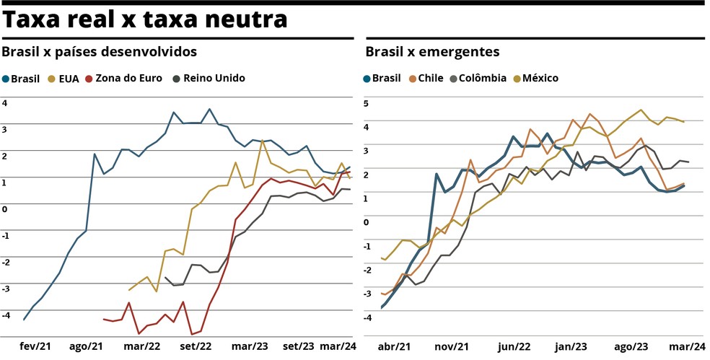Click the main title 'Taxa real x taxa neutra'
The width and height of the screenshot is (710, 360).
click(x=144, y=19)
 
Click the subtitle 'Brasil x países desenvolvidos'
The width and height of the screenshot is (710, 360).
click(x=100, y=52)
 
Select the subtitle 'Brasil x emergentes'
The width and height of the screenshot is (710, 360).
click(x=432, y=52)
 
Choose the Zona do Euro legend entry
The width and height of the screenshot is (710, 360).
click(x=123, y=78)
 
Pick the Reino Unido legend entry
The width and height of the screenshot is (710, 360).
click(x=209, y=78)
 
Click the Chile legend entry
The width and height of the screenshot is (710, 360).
click(x=425, y=78)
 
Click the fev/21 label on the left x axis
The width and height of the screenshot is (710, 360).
click(x=35, y=346)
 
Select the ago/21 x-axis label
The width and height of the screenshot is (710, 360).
click(x=86, y=346)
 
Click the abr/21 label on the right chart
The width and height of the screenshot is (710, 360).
click(x=395, y=346)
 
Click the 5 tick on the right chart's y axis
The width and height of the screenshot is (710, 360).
click(x=366, y=103)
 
